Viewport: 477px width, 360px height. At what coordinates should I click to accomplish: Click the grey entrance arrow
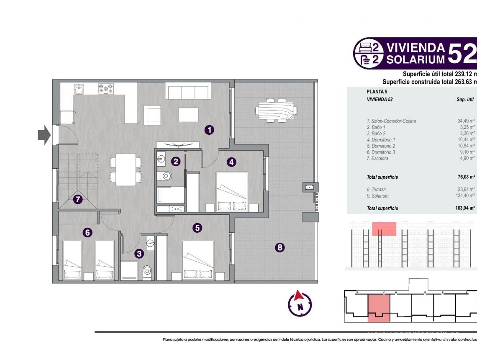[x=44, y=136]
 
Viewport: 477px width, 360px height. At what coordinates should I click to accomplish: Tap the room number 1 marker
[x=209, y=130]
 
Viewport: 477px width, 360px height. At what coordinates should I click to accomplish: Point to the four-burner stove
[x=106, y=89]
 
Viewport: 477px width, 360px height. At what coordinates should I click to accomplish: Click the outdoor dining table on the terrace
[x=277, y=111]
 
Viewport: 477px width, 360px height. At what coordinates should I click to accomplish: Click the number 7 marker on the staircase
[x=77, y=200]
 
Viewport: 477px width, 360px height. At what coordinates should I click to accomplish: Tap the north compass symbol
[x=300, y=303]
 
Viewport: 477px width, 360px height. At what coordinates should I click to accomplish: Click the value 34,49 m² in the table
[x=466, y=121]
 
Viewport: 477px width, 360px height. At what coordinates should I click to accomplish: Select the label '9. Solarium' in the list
[x=377, y=195]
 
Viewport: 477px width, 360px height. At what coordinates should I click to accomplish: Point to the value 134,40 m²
[x=466, y=195]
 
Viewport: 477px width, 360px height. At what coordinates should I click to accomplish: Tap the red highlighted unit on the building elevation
[x=384, y=229]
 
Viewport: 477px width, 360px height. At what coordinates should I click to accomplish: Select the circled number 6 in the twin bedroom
[x=87, y=232]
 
